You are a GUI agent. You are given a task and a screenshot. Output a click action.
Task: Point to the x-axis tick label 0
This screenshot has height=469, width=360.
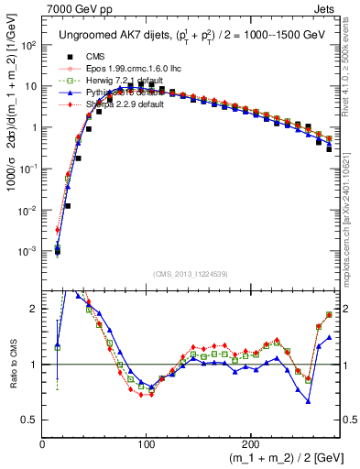[43, 442]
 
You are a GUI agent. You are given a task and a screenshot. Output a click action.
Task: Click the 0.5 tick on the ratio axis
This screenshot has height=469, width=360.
[29, 420]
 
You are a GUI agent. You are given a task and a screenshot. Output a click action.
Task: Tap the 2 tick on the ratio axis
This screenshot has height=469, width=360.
[34, 310]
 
